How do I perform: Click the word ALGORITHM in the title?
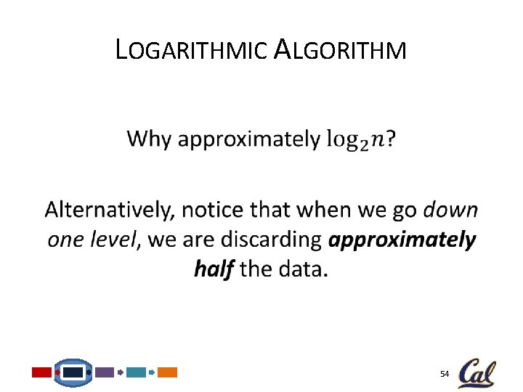(341, 50)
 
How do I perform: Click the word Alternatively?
(110, 211)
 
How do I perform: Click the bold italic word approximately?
(402, 240)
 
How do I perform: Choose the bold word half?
(214, 269)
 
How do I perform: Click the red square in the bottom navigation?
(42, 372)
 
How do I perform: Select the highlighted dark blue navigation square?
(73, 372)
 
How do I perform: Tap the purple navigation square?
(105, 372)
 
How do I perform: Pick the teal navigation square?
(136, 372)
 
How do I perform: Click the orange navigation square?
(168, 372)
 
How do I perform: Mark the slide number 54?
(445, 373)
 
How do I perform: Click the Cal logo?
(477, 372)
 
